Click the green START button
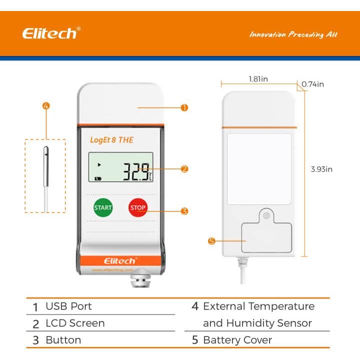pos(103,207)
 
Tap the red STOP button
pos(138,207)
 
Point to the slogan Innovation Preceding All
pos(293,34)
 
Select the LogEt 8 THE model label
pos(111,139)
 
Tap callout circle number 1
pos(184,107)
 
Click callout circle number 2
pos(184,169)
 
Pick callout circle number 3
pos(184,211)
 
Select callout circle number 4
pos(45,106)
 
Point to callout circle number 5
pos(211,241)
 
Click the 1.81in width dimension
pos(258,79)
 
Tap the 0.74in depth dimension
pos(312,84)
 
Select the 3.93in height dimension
pos(321,169)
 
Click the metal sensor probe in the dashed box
pos(46,165)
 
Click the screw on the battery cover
pos(266,216)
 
